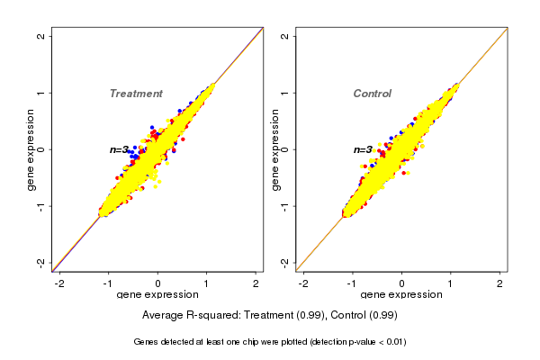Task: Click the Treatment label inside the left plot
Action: tap(136, 94)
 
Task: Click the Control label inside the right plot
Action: tap(372, 94)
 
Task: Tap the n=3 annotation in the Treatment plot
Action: tap(121, 149)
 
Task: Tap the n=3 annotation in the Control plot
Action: tap(363, 149)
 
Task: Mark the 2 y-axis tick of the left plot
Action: tap(40, 37)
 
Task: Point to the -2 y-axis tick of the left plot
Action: tap(40, 262)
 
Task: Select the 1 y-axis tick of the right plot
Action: tap(285, 93)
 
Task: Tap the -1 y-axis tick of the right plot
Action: tap(285, 205)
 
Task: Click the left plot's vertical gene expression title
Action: tap(31, 149)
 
